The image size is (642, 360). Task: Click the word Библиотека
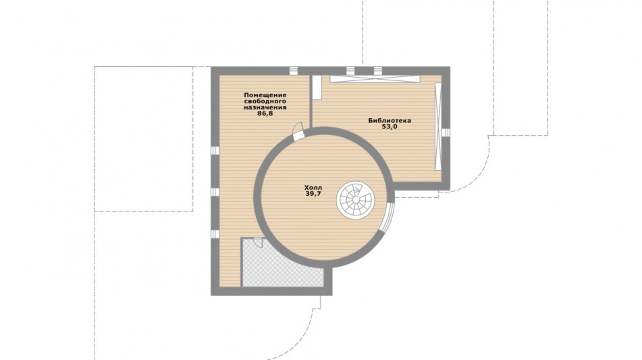pos(390,120)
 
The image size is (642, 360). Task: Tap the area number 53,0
pos(390,126)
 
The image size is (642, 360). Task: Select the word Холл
pos(313,188)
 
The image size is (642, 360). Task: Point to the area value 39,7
pos(313,194)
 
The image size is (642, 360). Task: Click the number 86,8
pos(265,113)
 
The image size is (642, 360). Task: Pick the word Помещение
pos(265,95)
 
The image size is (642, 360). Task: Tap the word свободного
pos(265,101)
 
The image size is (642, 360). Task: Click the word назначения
pos(265,107)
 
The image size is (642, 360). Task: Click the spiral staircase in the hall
pos(355,200)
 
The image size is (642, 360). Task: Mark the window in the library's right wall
pos(446,132)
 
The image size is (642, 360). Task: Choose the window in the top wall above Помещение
pos(294,70)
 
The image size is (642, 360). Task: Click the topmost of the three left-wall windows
pos(215,151)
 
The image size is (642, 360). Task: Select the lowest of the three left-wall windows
pos(215,234)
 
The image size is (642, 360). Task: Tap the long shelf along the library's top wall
pos(375,79)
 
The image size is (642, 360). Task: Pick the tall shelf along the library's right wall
pos(438,126)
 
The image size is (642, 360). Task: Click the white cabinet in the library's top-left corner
pos(317,87)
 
